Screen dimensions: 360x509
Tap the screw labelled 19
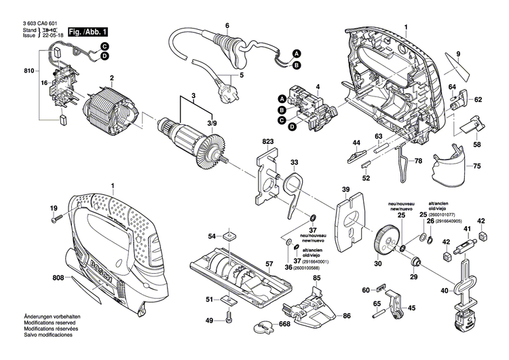pos(56,218)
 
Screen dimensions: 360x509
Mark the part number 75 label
pos(476,166)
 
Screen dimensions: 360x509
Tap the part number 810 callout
pos(28,71)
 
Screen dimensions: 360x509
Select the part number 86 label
pos(346,316)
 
